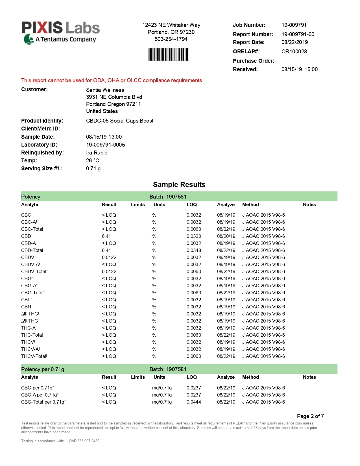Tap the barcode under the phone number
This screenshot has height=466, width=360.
click(x=169, y=55)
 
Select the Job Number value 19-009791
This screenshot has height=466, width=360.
click(x=294, y=25)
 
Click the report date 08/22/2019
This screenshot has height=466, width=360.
click(x=294, y=42)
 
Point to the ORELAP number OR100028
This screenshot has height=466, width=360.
click(x=294, y=52)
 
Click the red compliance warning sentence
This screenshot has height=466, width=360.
click(x=112, y=80)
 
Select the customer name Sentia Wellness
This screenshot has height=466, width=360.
click(x=105, y=90)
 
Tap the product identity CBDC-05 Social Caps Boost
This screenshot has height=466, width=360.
click(x=120, y=121)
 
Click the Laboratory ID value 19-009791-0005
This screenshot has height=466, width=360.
click(x=105, y=145)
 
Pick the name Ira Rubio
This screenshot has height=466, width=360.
click(x=97, y=153)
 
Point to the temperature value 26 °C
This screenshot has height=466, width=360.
click(x=93, y=161)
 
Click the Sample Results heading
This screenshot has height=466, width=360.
click(x=179, y=185)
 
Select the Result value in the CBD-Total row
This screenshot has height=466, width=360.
click(x=106, y=251)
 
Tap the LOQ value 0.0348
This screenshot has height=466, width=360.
click(x=194, y=251)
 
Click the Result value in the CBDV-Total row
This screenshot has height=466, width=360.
click(x=109, y=272)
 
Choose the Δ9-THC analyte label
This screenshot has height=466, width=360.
click(x=29, y=321)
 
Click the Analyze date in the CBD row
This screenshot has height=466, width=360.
click(x=226, y=236)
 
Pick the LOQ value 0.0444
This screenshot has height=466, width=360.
click(x=194, y=402)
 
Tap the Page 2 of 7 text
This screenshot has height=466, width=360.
click(x=310, y=416)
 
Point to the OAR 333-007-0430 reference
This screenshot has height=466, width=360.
click(x=84, y=441)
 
